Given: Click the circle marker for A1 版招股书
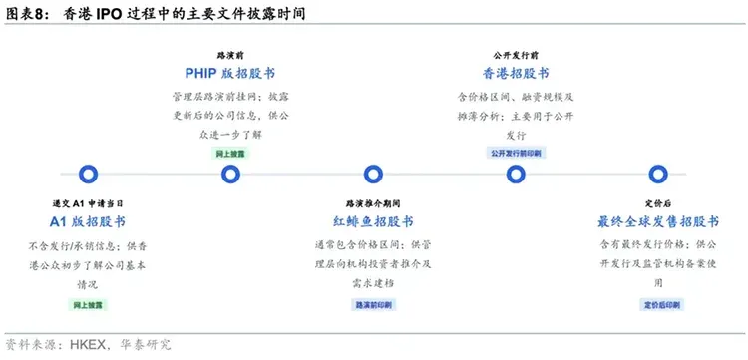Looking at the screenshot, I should [88, 175].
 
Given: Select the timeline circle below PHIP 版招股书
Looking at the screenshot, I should [230, 175].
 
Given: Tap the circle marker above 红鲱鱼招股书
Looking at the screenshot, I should [373, 175].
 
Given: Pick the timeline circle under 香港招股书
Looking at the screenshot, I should [516, 175].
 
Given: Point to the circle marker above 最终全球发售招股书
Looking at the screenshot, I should [657, 175].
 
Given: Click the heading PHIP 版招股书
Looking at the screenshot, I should [230, 74].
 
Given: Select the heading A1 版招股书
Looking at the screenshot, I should [88, 220].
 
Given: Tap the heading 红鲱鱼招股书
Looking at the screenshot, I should [373, 220].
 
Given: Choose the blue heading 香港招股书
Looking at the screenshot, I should [516, 74].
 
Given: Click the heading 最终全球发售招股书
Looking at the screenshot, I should [657, 220].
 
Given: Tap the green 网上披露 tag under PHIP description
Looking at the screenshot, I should [230, 154].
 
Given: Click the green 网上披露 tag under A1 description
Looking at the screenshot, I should [88, 302].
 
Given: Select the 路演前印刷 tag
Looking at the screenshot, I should [373, 302].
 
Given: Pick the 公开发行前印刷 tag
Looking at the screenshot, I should [516, 154].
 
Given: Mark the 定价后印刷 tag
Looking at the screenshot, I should [657, 302].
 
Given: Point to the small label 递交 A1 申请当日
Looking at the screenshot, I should [88, 202].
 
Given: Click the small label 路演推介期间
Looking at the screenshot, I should [373, 202].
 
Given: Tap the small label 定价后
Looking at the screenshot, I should [657, 202].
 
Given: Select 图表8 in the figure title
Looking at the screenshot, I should [25, 15].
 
